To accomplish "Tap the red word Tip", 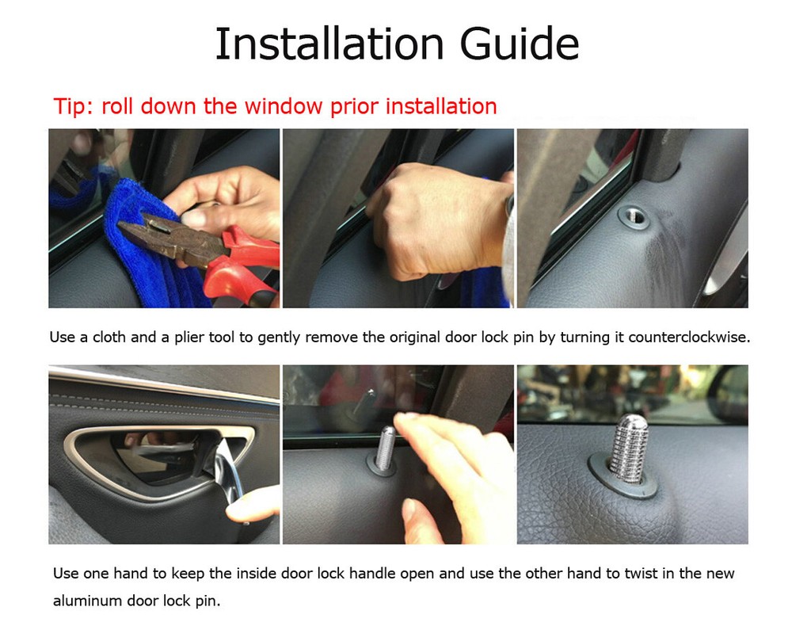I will (72, 106).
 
